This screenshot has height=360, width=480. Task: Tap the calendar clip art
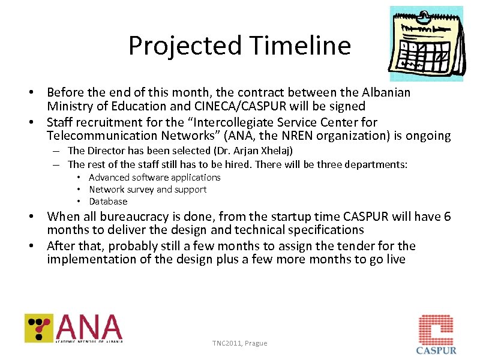point(426,44)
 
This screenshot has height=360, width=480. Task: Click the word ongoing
point(428,136)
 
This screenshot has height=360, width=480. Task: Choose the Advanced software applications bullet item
point(155,177)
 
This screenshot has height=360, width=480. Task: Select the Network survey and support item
point(148,189)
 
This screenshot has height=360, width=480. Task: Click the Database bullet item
point(108,202)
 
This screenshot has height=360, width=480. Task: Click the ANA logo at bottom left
point(74,328)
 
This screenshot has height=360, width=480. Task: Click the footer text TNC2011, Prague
point(239,343)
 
